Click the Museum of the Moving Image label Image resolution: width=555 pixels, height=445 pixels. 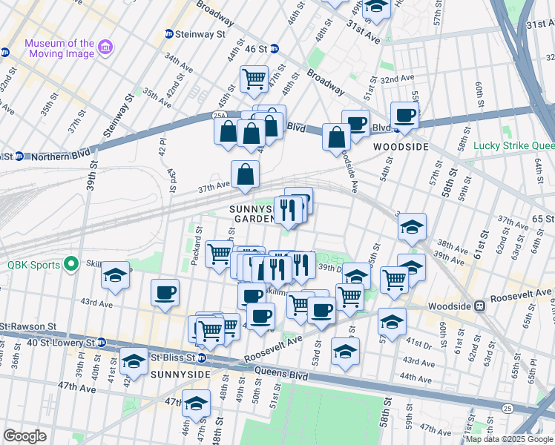pos(59,48)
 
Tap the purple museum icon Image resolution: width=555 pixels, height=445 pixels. pos(105,48)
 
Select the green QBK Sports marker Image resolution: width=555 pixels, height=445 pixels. pos(70,263)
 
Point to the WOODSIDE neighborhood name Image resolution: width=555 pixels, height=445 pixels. pos(401,147)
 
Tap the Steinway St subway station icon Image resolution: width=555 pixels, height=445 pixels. pos(168,34)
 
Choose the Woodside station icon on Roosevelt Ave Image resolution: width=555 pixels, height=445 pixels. pos(480,305)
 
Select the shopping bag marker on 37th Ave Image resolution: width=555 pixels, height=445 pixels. pos(245,176)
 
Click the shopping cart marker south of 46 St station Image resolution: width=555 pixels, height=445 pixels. pos(254,79)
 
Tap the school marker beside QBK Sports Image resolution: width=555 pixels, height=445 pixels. pos(115,276)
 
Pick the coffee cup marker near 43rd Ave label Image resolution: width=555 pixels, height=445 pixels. pos(165,291)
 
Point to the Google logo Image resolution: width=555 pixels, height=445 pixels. pos(24,436)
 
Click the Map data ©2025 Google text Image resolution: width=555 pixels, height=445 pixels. pos(509,439)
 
